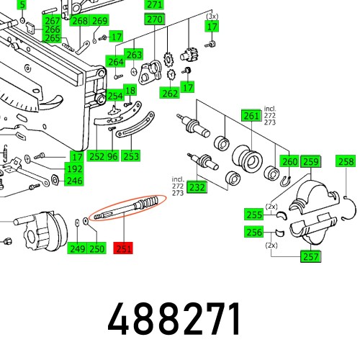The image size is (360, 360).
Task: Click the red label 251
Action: tap(125, 248)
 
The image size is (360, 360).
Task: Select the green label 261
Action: tap(251, 116)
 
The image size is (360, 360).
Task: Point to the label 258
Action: tap(346, 162)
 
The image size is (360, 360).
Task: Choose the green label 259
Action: tap(310, 162)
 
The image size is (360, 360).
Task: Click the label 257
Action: tap(310, 256)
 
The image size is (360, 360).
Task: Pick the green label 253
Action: tap(130, 156)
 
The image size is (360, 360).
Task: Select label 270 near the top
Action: tap(154, 20)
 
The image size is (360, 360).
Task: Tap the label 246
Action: tap(75, 181)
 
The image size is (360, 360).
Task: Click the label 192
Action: tap(75, 168)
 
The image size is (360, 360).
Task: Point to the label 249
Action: tap(77, 248)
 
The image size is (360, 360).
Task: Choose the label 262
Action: tap(170, 93)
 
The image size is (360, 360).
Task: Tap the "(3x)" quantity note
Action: tap(211, 15)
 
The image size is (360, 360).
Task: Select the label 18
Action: tap(130, 90)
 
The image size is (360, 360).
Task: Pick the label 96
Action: tap(112, 156)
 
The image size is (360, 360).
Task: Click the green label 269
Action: tap(100, 21)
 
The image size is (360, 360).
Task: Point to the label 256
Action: tap(253, 232)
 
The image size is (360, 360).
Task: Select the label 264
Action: tap(116, 62)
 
